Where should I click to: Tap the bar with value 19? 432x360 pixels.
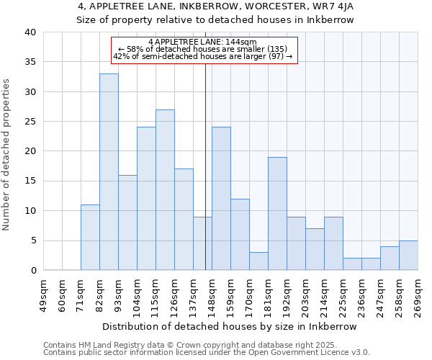click(277, 213)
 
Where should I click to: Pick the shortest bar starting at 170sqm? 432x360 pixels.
click(258, 261)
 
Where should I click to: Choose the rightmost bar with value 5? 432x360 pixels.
click(408, 255)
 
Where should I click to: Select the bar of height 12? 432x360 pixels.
click(240, 234)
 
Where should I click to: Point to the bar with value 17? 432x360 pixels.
click(184, 219)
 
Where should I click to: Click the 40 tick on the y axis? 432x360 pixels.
click(30, 32)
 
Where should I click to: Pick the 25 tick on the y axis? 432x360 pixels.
click(30, 122)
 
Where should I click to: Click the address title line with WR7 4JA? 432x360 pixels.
click(215, 6)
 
